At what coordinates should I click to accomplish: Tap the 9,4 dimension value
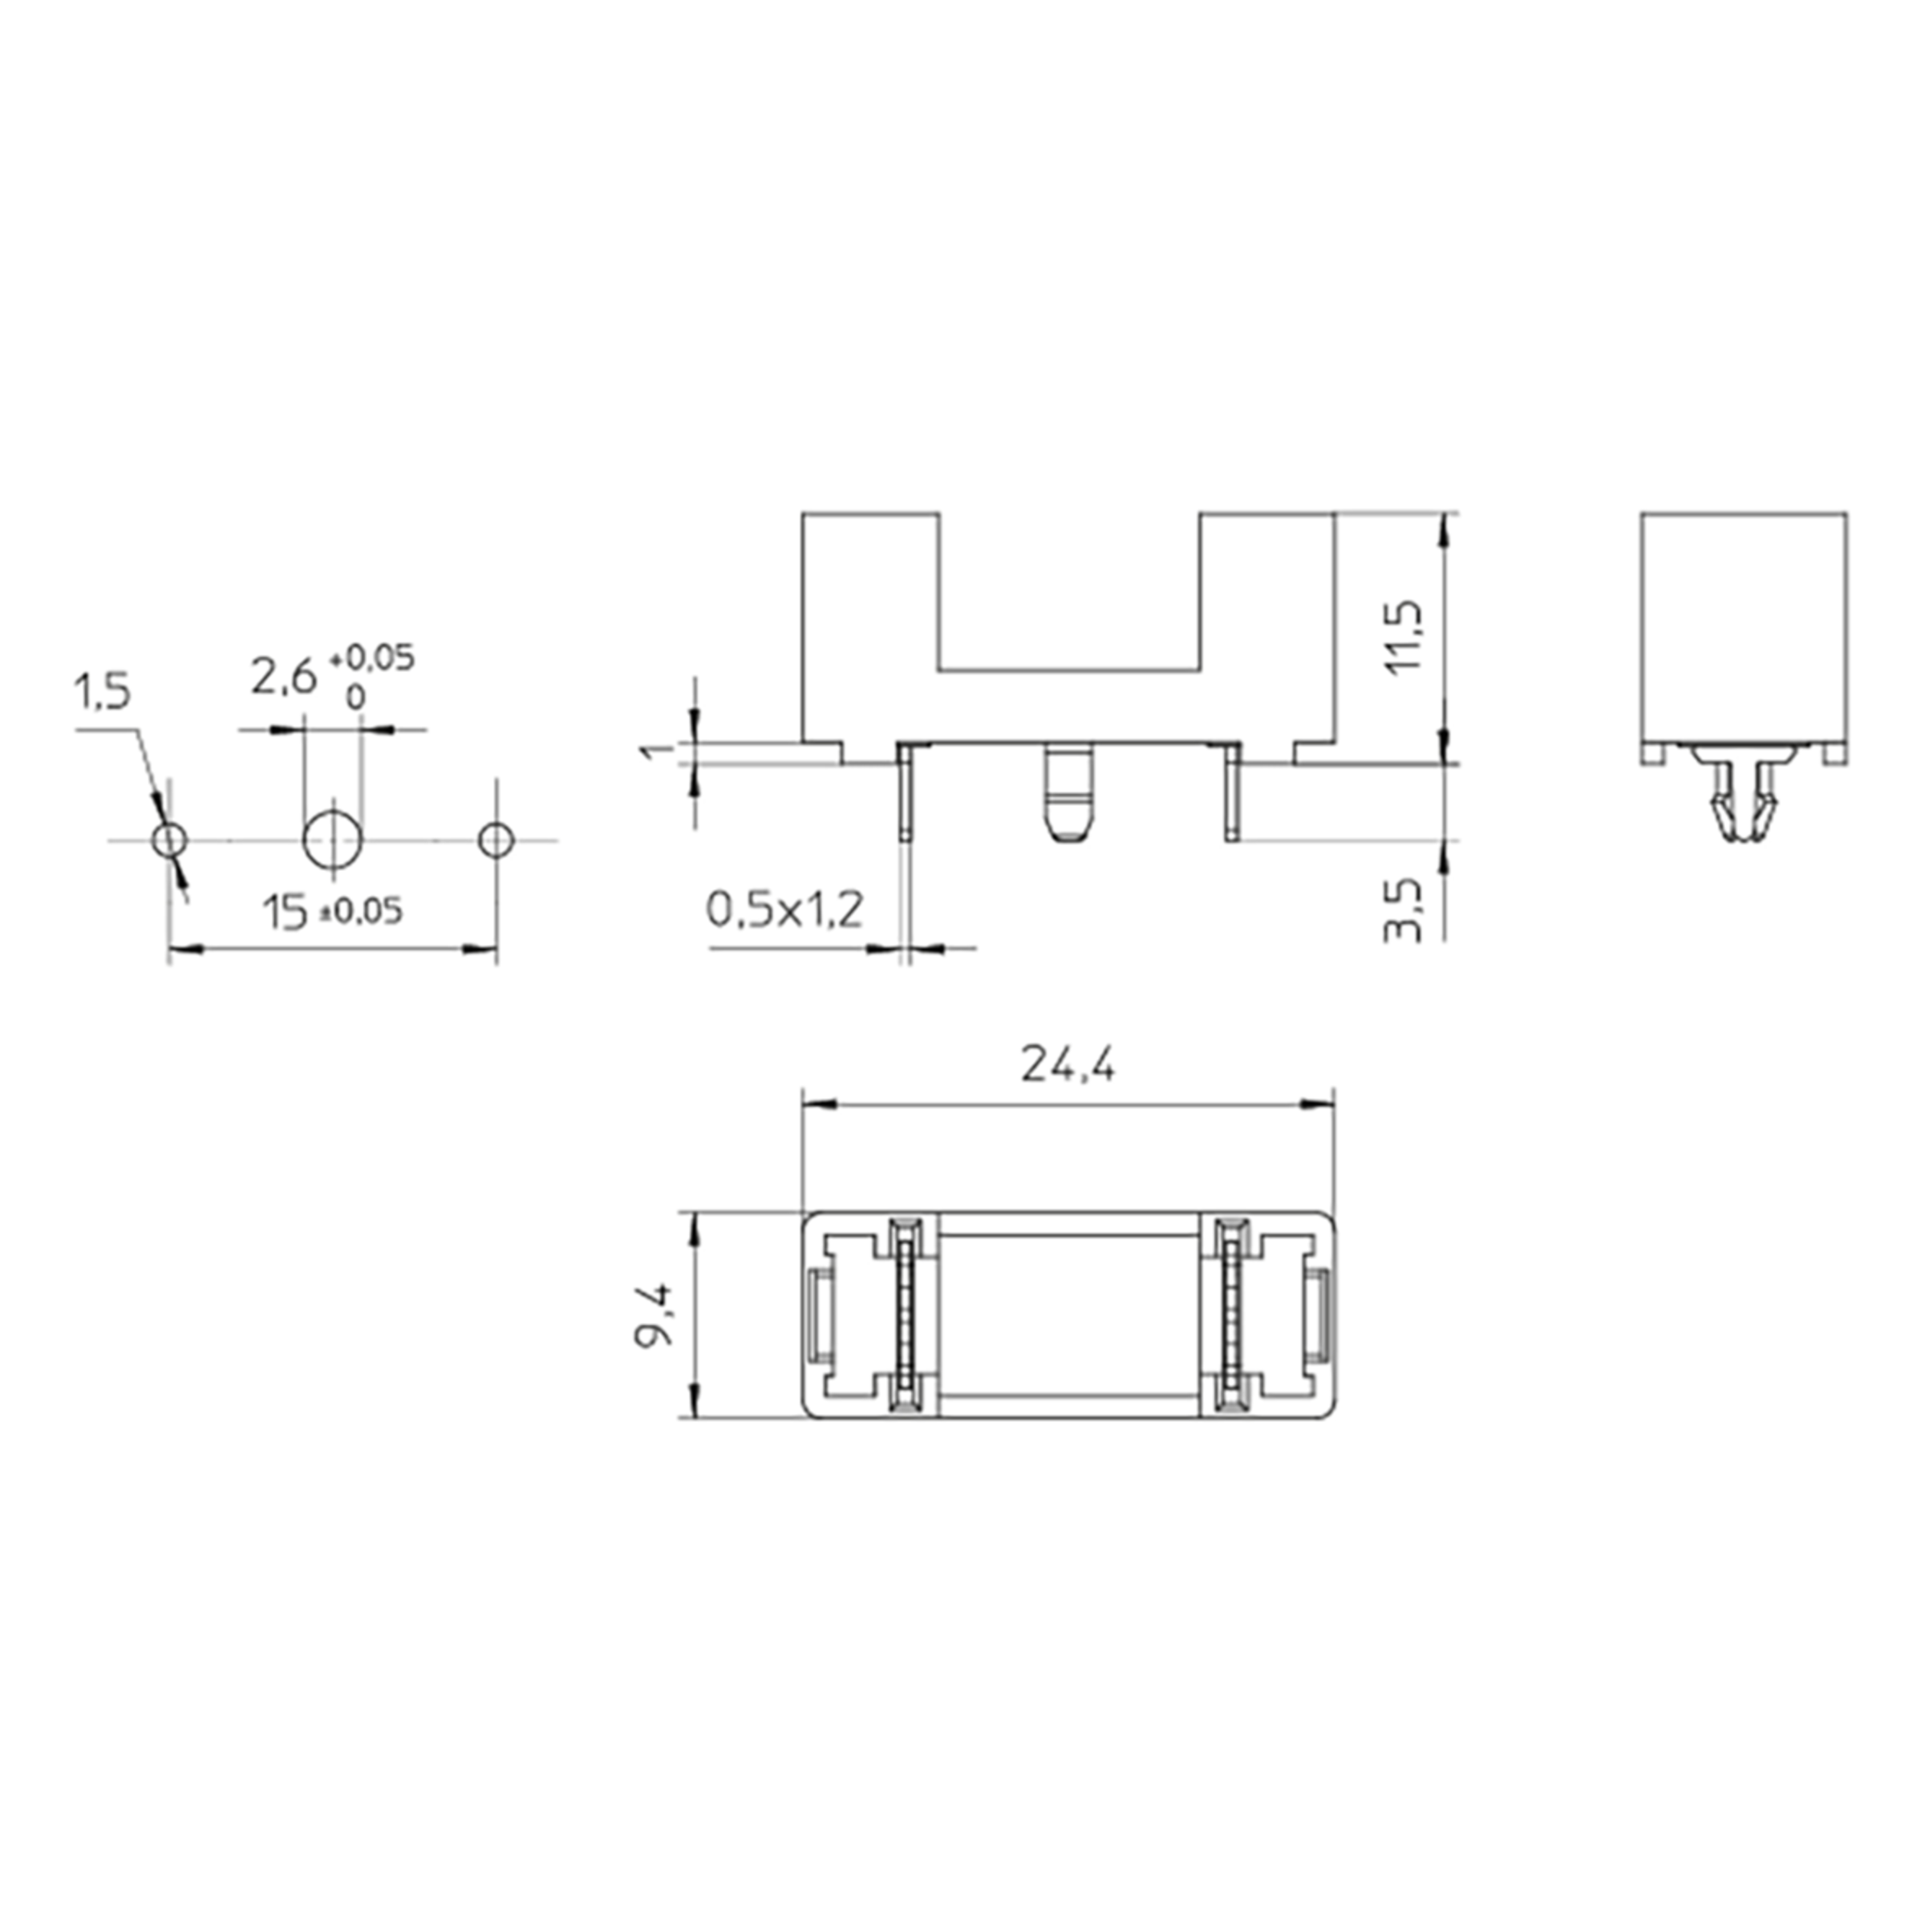[654, 1313]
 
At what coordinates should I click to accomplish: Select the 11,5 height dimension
[1407, 637]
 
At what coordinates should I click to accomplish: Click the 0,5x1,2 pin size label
[784, 909]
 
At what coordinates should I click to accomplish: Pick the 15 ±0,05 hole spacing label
[333, 912]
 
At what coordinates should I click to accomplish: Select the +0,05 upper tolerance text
[370, 658]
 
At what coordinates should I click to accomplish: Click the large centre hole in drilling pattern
[333, 840]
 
